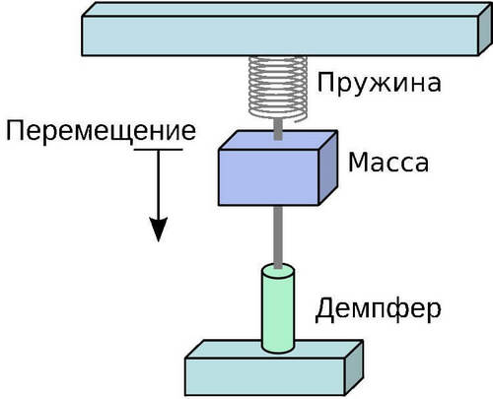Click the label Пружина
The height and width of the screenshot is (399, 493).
click(379, 84)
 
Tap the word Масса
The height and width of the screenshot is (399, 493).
click(388, 162)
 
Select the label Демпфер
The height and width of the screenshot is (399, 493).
click(378, 309)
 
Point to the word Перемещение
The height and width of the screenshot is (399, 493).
click(101, 132)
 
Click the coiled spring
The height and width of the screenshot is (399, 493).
click(278, 88)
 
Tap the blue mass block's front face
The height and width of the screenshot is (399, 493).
click(268, 177)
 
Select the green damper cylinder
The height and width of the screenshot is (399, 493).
click(278, 308)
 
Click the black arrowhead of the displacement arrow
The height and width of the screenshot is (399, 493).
click(159, 229)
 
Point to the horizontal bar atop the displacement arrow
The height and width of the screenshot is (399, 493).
click(158, 150)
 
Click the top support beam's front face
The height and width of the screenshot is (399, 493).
click(280, 35)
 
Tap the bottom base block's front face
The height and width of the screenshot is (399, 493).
click(265, 376)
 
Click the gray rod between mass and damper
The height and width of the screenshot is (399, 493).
click(278, 236)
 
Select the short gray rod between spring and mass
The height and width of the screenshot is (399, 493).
click(278, 129)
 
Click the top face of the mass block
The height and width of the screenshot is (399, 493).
click(278, 141)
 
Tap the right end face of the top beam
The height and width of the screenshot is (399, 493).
click(485, 30)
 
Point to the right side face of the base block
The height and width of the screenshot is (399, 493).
click(354, 367)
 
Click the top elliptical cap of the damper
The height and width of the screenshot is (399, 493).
click(278, 271)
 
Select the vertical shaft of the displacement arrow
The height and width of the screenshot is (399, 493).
click(159, 184)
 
